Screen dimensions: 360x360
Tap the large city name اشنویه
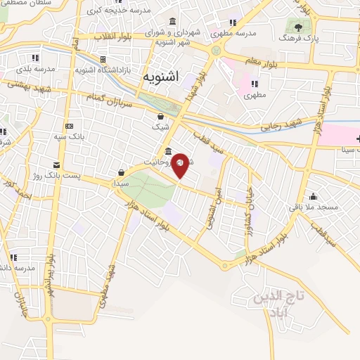tap(160, 75)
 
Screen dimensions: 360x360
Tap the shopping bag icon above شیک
tap(161, 116)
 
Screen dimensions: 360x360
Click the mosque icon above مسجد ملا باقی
tap(313, 196)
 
